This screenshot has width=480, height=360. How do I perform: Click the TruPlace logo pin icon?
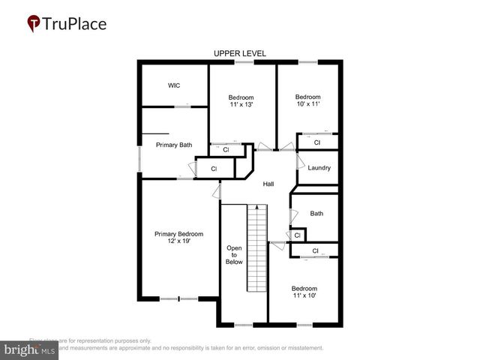coord(34,23)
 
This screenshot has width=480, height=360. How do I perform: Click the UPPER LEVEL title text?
coord(240,53)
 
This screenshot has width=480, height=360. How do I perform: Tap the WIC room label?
coord(173,85)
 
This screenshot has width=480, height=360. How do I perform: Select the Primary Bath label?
coord(174,145)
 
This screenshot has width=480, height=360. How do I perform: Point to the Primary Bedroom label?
coord(178,234)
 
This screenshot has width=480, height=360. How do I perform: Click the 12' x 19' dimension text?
coord(178,241)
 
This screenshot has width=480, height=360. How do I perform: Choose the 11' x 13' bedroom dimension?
coord(241,105)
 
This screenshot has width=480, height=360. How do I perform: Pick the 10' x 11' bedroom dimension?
coord(307,104)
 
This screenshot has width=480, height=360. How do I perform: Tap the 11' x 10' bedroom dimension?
coord(304,296)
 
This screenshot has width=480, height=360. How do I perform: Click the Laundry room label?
coord(319,168)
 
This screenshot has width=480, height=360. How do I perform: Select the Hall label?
coord(268,184)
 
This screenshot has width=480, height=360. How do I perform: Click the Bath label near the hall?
coord(316,214)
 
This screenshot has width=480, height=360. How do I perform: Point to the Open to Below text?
coord(234,255)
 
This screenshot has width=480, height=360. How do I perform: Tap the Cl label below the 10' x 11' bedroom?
coord(316,142)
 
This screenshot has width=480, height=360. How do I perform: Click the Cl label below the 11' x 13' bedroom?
coord(226,150)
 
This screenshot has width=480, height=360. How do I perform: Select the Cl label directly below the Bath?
coord(298,235)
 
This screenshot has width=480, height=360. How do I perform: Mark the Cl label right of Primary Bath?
coord(214,169)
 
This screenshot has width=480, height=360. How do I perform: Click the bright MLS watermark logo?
coord(29,349)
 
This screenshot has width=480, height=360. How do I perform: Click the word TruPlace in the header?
coord(76,23)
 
